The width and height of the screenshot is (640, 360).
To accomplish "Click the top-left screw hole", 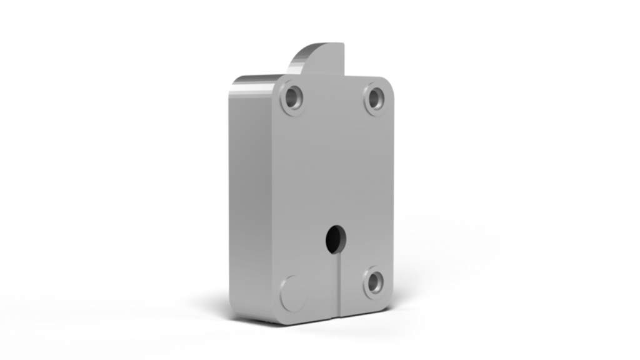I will click(x=292, y=98).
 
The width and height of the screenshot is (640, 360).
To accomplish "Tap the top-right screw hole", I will click(x=374, y=98).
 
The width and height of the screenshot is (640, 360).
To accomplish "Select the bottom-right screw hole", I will click(x=373, y=282).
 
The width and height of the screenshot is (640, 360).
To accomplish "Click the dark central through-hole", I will click(x=336, y=238).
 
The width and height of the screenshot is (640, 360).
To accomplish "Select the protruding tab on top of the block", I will click(x=319, y=59).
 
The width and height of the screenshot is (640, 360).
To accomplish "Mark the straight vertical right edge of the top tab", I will click(x=344, y=59).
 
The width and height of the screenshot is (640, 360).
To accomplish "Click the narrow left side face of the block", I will click(x=250, y=200).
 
